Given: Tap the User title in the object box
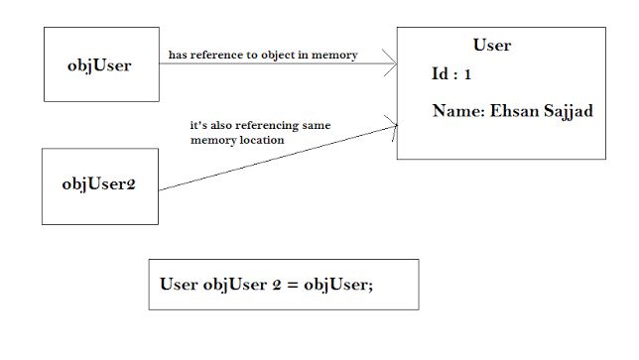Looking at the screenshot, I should coord(492,46).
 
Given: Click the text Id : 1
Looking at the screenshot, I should coord(451,74).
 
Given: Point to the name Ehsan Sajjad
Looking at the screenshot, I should coord(512,112).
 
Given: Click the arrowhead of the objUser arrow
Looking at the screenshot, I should coord(392,64).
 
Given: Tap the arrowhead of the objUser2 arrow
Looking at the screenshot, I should coord(393,125).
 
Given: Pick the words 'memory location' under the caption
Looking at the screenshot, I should coord(237,141).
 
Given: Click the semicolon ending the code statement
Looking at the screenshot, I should coord(370,286).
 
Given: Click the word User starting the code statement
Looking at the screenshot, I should coord(179,284).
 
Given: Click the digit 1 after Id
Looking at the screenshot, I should coord(469,74).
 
